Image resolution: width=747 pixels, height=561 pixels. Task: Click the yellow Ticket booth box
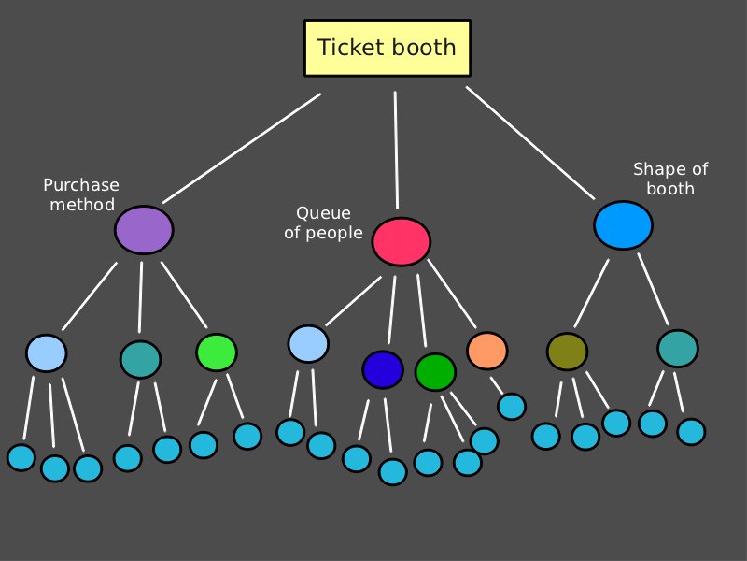(x=387, y=48)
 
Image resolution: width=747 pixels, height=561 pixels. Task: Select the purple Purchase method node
(x=144, y=229)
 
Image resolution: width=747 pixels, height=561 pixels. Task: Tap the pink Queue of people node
(x=401, y=241)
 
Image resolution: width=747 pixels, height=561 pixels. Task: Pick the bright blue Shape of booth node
(x=623, y=224)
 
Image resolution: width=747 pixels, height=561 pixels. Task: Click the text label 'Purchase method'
(x=81, y=194)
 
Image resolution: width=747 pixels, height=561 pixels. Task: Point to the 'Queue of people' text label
(x=323, y=223)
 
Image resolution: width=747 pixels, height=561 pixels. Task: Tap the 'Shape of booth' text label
(x=670, y=179)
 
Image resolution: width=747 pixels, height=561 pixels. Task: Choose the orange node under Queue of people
(x=486, y=351)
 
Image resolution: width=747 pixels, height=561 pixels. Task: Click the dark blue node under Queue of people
(x=382, y=369)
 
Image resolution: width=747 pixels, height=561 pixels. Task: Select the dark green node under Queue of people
(x=434, y=371)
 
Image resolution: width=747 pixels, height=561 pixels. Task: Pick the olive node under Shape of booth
(x=567, y=352)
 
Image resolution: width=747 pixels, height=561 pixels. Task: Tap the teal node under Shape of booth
(x=677, y=349)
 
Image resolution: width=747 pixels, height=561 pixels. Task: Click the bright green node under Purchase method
(x=217, y=352)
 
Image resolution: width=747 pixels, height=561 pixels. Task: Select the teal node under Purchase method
(x=140, y=359)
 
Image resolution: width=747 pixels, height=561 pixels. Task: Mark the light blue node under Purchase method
(x=47, y=352)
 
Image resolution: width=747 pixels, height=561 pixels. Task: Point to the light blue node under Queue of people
(x=308, y=343)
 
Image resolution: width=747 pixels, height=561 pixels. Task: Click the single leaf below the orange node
(x=511, y=406)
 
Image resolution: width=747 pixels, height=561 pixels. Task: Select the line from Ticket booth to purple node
(x=242, y=148)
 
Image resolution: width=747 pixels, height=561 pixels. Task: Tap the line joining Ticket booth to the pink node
(x=396, y=150)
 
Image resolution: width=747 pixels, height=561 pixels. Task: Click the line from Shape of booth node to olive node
(x=591, y=294)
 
